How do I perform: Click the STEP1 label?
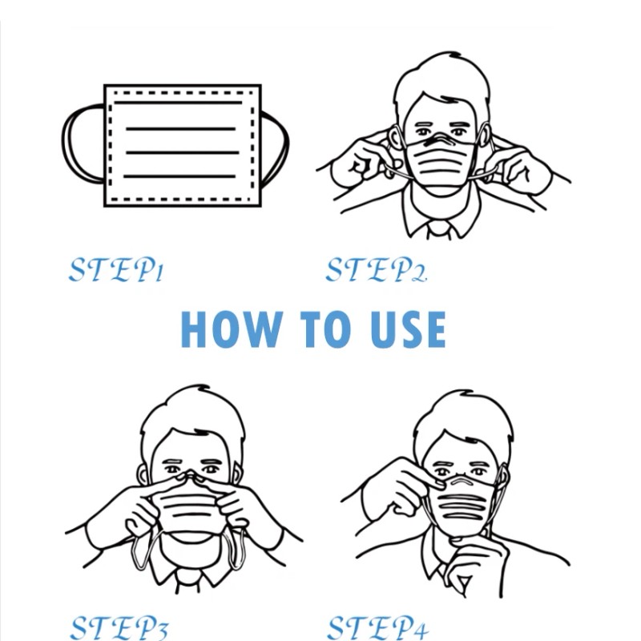(116, 269)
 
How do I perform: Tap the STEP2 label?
(376, 269)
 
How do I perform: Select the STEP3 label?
(119, 627)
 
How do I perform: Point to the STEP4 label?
(378, 627)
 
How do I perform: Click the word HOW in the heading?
(232, 329)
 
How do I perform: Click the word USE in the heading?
(408, 329)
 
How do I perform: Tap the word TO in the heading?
(325, 329)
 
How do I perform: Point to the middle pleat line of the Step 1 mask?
(183, 152)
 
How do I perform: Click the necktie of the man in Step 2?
(439, 230)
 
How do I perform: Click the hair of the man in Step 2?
(441, 78)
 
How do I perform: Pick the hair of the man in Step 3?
(192, 413)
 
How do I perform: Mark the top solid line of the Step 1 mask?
(178, 103)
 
